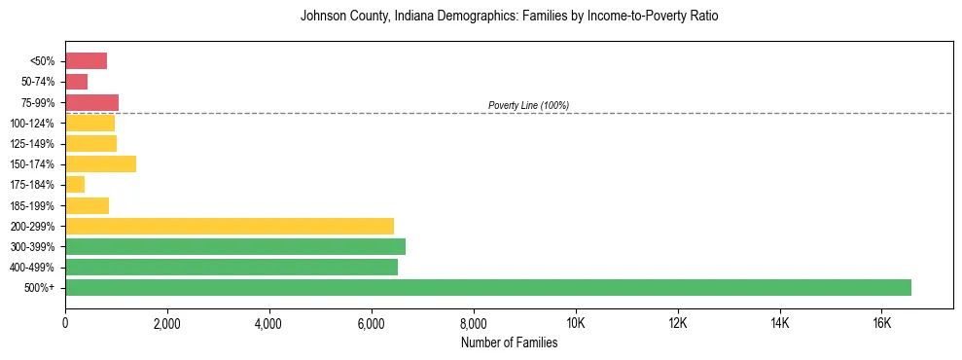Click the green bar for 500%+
coord(487,287)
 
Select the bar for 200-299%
coord(230,226)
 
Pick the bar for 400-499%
coord(232,267)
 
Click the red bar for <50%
coord(86,61)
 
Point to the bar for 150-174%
coord(100,164)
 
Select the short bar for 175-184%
coord(75,185)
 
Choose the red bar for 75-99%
coord(91,102)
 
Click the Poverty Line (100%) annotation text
coord(528,105)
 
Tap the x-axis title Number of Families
coord(509,342)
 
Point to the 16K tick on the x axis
coord(881,323)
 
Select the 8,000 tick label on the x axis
coord(474,323)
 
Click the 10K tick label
coord(576,323)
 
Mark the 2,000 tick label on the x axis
coord(167,323)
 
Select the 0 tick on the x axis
coord(65,323)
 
